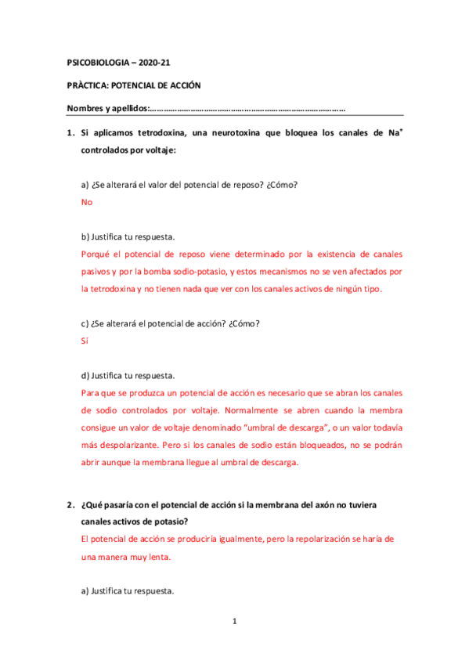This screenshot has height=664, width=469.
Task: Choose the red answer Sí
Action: pos(85,341)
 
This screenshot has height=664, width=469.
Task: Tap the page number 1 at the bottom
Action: pos(234,622)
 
